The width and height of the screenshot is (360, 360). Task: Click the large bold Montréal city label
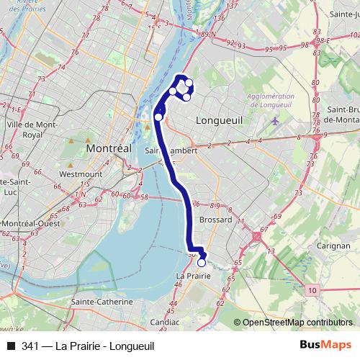(x=109, y=147)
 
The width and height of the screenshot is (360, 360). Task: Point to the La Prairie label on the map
(x=194, y=276)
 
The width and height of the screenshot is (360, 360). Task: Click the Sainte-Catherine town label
(x=102, y=301)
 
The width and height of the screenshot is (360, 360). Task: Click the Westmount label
(x=76, y=174)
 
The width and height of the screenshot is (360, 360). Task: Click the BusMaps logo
(x=325, y=345)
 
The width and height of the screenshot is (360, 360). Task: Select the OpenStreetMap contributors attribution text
(x=297, y=323)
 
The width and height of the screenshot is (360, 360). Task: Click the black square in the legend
(x=11, y=346)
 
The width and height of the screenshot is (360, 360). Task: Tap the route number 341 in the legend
(x=30, y=346)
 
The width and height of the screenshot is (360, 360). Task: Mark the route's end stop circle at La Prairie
(x=202, y=263)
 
